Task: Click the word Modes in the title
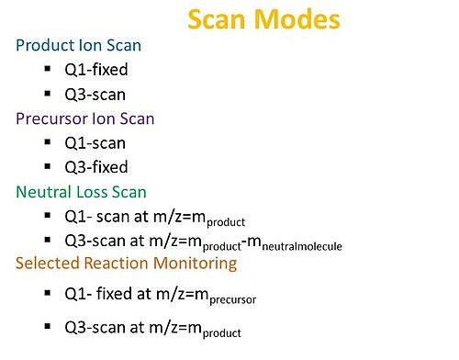pyautogui.click(x=297, y=19)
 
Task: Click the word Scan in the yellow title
pyautogui.click(x=217, y=19)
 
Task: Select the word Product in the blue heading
pyautogui.click(x=46, y=45)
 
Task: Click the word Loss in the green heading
pyautogui.click(x=92, y=192)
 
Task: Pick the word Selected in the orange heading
pyautogui.click(x=48, y=264)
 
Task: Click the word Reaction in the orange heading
pyautogui.click(x=117, y=264)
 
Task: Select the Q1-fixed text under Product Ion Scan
pyautogui.click(x=96, y=70)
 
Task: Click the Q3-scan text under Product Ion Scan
pyautogui.click(x=95, y=95)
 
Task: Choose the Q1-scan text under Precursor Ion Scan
pyautogui.click(x=95, y=143)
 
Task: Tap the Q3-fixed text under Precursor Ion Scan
pyautogui.click(x=96, y=167)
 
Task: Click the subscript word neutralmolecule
pyautogui.click(x=302, y=246)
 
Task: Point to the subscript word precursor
pyautogui.click(x=233, y=299)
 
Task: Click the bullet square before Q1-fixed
pyautogui.click(x=48, y=68)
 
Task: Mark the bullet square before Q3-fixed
pyautogui.click(x=48, y=166)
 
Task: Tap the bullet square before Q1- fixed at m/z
pyautogui.click(x=48, y=293)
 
